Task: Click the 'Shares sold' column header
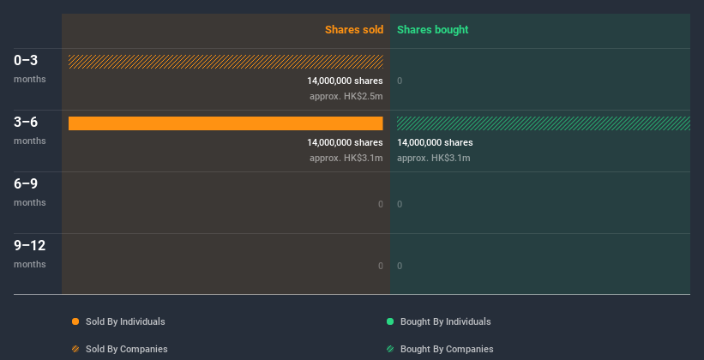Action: click(353, 30)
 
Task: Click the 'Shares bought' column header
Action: click(432, 30)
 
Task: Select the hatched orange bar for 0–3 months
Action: click(226, 62)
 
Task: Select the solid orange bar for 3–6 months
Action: click(226, 123)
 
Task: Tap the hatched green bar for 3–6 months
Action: click(543, 123)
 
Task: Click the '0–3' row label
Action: click(26, 60)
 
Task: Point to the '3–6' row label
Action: click(26, 122)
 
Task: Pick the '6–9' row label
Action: click(26, 183)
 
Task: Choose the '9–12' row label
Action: click(29, 245)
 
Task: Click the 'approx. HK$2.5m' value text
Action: click(346, 96)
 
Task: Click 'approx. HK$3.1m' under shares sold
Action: click(346, 158)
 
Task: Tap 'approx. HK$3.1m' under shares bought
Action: click(433, 158)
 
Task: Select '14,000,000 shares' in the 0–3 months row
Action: click(345, 81)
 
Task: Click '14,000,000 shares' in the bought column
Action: click(435, 142)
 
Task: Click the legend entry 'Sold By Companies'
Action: click(126, 349)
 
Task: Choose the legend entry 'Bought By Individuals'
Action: click(445, 321)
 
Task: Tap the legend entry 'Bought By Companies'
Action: click(446, 349)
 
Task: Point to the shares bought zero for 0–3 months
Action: click(400, 81)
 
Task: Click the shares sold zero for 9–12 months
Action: click(380, 266)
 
